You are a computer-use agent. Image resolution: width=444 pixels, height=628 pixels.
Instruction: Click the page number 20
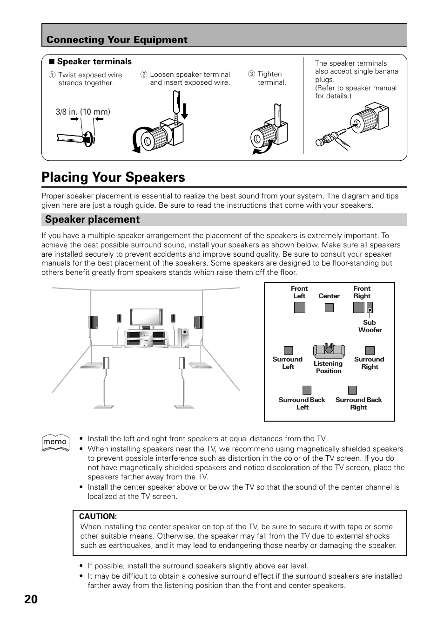pyautogui.click(x=31, y=599)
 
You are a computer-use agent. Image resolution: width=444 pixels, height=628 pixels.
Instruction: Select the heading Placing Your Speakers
pyautogui.click(x=113, y=177)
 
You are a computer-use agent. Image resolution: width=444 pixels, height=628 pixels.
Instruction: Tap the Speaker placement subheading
pyautogui.click(x=92, y=219)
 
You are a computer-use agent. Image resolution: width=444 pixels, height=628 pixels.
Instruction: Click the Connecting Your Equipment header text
pyautogui.click(x=117, y=40)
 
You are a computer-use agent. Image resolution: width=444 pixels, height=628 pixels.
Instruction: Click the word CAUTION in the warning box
pyautogui.click(x=98, y=516)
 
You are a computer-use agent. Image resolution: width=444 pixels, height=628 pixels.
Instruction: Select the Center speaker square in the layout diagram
pyautogui.click(x=329, y=307)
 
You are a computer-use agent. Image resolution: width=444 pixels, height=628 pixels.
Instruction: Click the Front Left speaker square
pyautogui.click(x=299, y=307)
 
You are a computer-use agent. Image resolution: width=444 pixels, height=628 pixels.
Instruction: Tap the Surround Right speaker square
pyautogui.click(x=370, y=350)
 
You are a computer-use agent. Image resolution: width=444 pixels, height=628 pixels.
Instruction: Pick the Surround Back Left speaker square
pyautogui.click(x=307, y=390)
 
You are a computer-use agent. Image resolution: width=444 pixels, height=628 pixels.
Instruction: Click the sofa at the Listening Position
pyautogui.click(x=329, y=351)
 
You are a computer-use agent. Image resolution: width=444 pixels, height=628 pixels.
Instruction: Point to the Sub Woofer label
pyautogui.click(x=370, y=326)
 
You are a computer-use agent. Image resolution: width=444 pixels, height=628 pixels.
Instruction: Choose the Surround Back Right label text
pyautogui.click(x=358, y=403)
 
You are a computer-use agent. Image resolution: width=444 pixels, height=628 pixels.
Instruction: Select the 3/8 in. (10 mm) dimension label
pyautogui.click(x=83, y=112)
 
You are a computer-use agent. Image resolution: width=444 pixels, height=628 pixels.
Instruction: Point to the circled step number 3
pyautogui.click(x=251, y=74)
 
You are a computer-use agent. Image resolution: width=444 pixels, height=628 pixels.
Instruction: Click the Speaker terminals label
pyautogui.click(x=94, y=61)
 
